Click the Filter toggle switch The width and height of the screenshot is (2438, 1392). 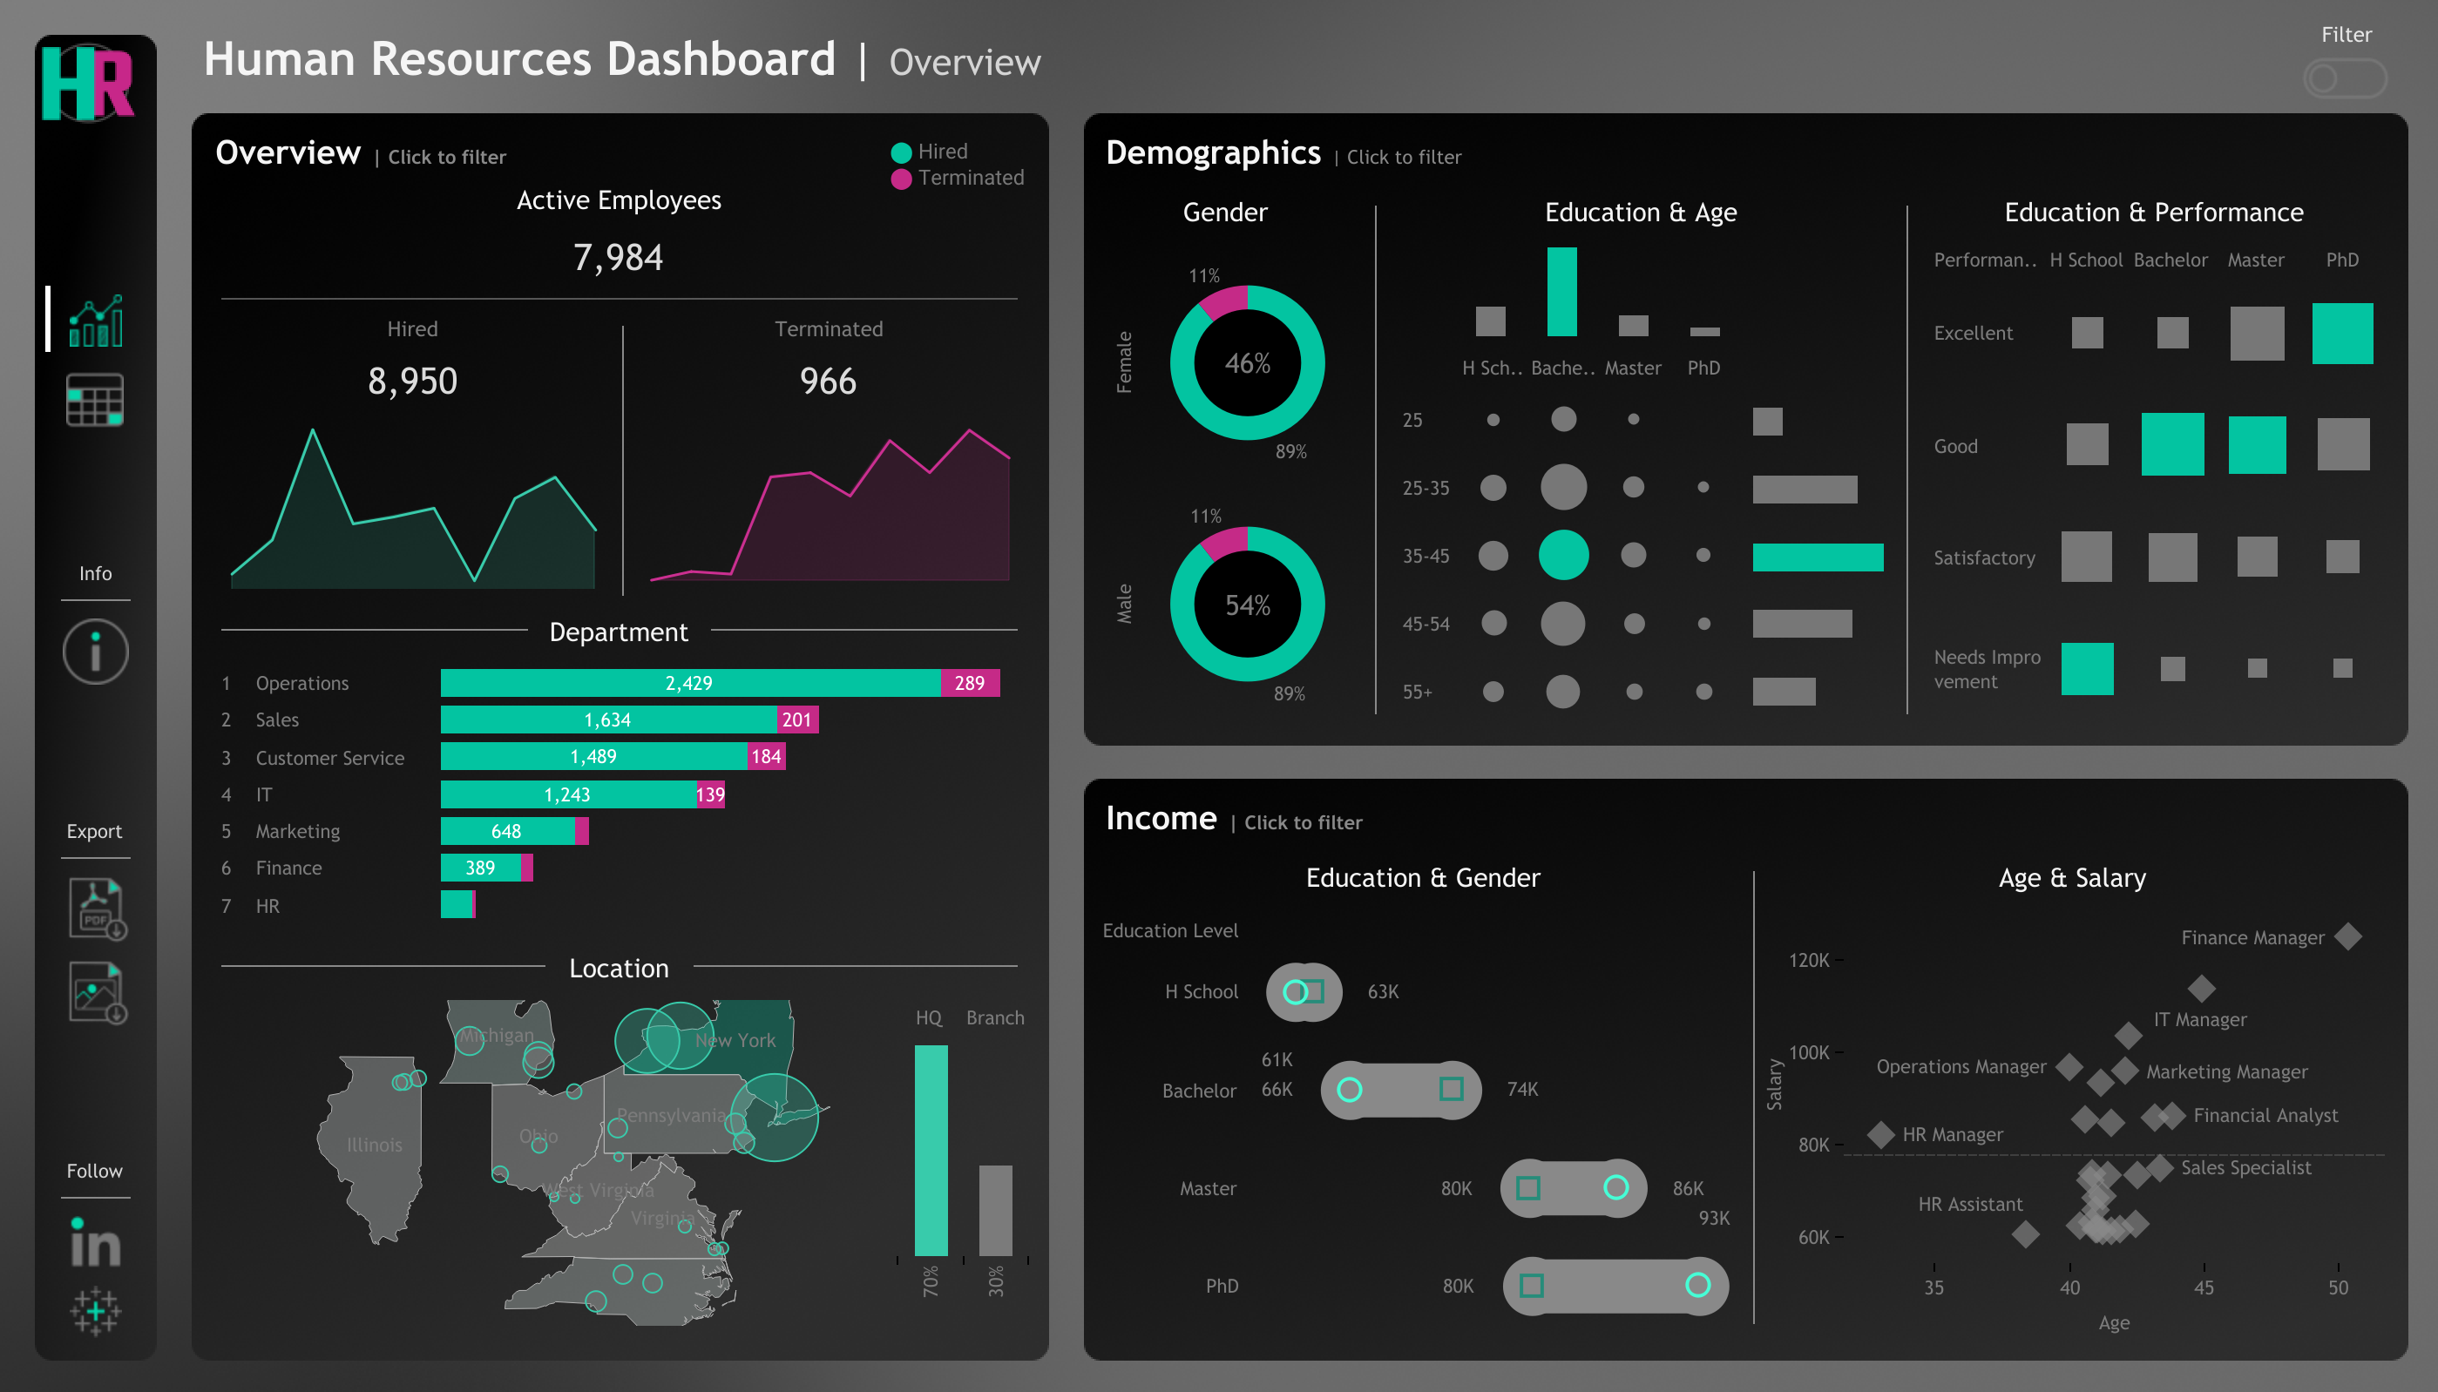point(2343,78)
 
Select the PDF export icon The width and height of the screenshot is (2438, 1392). point(97,909)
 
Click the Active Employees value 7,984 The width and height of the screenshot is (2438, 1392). point(618,257)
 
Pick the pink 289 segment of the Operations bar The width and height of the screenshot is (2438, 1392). point(969,683)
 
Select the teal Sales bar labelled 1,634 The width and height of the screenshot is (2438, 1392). point(607,719)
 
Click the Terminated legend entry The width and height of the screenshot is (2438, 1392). point(959,178)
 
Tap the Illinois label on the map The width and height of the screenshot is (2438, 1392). point(374,1145)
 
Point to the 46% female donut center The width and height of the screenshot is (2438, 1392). point(1247,363)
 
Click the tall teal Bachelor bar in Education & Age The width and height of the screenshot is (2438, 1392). point(1561,292)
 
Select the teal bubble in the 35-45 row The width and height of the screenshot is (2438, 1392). point(1563,556)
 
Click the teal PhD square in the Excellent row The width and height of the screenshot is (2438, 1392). point(2341,333)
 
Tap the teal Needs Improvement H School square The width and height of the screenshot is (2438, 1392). point(2086,668)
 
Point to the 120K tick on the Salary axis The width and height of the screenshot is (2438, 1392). point(1809,959)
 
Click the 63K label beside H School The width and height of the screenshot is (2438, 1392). point(1383,991)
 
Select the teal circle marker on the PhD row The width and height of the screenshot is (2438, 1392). point(1697,1285)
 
